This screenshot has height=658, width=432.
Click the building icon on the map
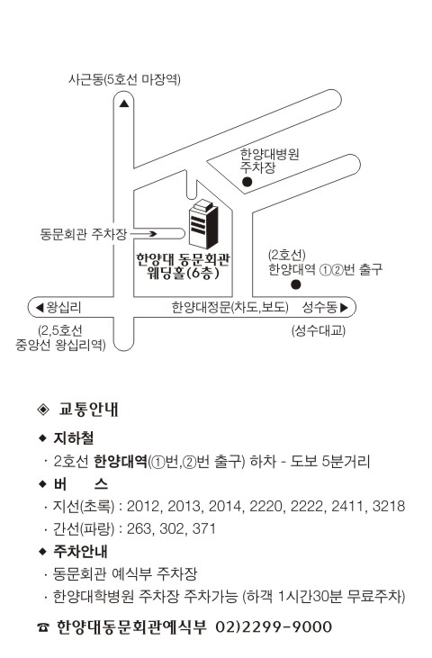point(203,223)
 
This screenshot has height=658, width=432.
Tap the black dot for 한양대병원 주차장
point(247,182)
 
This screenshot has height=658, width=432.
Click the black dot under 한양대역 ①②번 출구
point(296,284)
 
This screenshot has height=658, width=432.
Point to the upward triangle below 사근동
point(124,104)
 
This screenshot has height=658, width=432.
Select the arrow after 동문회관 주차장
point(143,234)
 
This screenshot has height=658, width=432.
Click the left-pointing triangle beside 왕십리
point(40,308)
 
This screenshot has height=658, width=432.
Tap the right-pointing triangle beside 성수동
point(345,308)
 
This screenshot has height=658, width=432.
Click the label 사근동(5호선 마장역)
point(124,79)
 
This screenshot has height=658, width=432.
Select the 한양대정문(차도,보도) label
point(230,308)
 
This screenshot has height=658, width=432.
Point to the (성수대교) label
point(319,330)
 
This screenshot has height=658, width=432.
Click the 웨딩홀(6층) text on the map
point(184,274)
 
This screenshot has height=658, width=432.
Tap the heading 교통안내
point(89,409)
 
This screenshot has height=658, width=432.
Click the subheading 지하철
point(74,437)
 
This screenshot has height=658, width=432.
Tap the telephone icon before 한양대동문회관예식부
point(43,627)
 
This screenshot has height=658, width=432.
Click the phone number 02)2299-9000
point(274,627)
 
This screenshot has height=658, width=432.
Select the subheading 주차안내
point(80,551)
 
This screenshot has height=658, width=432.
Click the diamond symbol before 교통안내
point(43,409)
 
